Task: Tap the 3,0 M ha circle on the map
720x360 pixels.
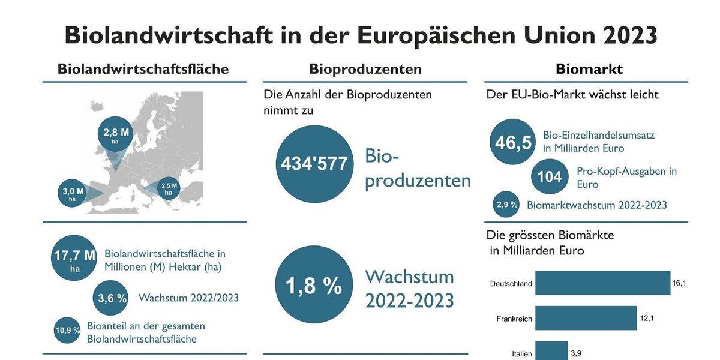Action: [x=73, y=193]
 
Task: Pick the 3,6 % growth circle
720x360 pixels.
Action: [x=113, y=298]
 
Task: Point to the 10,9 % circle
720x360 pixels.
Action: [x=68, y=331]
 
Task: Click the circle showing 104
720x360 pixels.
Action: [x=550, y=176]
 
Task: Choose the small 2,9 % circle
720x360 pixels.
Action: [x=505, y=205]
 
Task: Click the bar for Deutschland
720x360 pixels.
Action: [x=602, y=283]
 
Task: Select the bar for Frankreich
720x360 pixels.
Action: [x=586, y=318]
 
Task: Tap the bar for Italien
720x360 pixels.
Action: [x=551, y=350]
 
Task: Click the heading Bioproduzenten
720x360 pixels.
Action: [x=365, y=69]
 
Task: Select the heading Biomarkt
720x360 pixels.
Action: [x=589, y=69]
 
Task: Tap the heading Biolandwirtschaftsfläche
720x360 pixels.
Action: [x=143, y=69]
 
